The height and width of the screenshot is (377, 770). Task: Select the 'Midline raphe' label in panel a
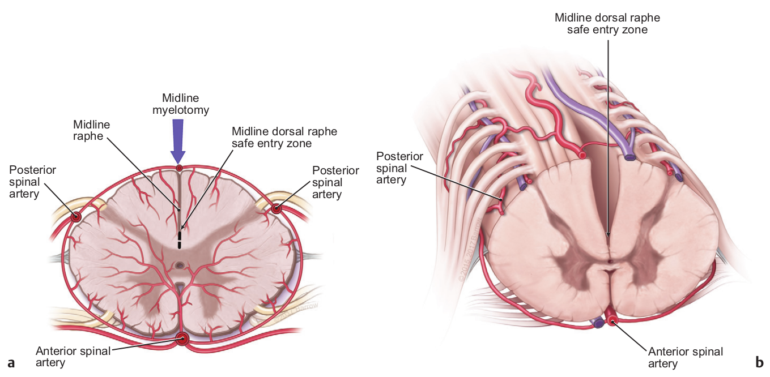tap(91, 131)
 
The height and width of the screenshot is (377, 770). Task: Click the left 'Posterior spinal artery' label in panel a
tap(32, 182)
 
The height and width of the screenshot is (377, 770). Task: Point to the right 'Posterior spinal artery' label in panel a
tap(335, 182)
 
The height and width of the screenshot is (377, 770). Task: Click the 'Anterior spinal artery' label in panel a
tap(73, 357)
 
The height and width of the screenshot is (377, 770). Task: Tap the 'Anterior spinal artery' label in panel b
tap(686, 357)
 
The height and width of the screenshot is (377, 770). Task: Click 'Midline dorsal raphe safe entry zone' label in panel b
tap(607, 23)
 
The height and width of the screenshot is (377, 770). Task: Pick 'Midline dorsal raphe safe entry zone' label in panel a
tap(284, 138)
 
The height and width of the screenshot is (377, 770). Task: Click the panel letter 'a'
tap(10, 362)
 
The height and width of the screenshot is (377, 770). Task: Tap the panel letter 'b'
tap(759, 362)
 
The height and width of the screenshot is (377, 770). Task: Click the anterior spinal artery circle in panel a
tap(182, 339)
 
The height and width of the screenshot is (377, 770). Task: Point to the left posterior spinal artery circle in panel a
tap(76, 216)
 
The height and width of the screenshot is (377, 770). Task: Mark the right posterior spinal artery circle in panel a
tap(276, 209)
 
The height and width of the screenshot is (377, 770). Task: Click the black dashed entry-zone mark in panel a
tap(180, 239)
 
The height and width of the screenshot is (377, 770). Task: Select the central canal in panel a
tap(180, 265)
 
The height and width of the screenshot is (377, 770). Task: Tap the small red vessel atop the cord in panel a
tap(179, 169)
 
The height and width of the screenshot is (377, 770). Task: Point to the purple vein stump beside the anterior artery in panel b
tap(597, 323)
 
